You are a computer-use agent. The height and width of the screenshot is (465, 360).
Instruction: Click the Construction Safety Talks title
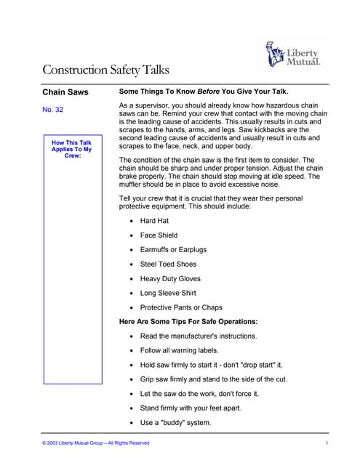coord(105,70)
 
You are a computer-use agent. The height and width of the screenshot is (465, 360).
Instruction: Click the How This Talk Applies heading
coord(71,149)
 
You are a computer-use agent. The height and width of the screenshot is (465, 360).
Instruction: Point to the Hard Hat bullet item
coord(154,220)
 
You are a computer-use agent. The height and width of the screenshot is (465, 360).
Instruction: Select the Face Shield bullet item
coord(159,235)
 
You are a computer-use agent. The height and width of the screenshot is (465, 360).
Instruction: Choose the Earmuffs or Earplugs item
coord(173,249)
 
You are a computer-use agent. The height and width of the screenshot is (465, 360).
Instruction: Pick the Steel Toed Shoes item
coord(169,264)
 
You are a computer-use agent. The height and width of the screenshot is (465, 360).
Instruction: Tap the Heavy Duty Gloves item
coord(170,278)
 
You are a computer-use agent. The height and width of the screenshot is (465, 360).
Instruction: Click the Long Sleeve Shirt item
coord(168,293)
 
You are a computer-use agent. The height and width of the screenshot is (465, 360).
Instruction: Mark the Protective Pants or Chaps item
coord(181,307)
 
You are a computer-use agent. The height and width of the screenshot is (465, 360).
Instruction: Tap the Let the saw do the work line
coord(189,393)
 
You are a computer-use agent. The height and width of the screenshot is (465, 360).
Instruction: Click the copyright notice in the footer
coord(96,442)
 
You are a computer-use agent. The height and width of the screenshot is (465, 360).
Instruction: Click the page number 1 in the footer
coord(327,442)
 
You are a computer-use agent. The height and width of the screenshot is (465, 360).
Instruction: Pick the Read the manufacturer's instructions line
coord(199,336)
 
